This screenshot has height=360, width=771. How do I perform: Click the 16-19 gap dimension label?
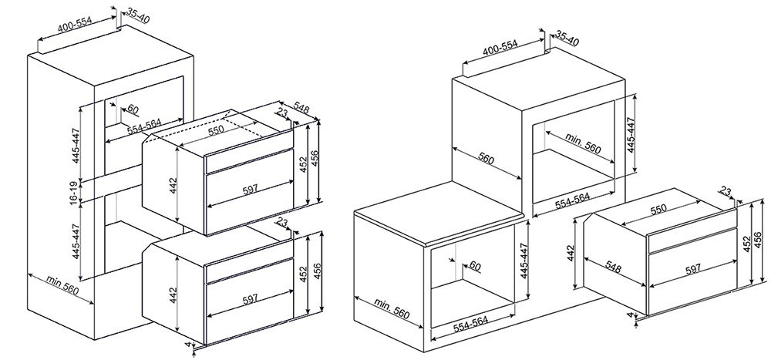(73, 191)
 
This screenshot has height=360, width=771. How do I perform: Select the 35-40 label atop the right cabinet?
(567, 39)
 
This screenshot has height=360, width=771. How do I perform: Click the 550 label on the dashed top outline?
(217, 130)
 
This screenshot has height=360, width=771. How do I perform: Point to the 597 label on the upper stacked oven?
(251, 189)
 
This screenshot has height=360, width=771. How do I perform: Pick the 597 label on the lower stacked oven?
(251, 300)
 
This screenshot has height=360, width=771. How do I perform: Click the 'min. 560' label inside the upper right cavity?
(583, 143)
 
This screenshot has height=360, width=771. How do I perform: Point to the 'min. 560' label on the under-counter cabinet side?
(392, 308)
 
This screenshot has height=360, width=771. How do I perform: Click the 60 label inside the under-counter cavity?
(474, 266)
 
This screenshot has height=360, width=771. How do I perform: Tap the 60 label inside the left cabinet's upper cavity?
(133, 109)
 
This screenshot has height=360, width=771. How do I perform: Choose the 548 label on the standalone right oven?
(613, 267)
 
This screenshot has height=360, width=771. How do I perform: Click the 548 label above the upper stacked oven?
(301, 108)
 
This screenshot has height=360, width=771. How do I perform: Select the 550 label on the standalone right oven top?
(659, 209)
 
